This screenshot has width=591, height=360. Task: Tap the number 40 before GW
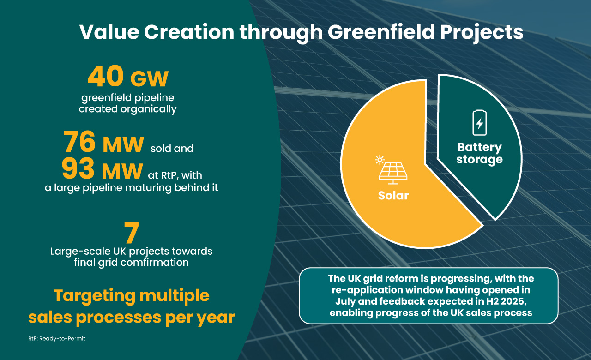[105, 77]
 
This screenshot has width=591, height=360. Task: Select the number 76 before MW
[80, 143]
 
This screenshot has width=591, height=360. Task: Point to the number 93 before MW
[78, 170]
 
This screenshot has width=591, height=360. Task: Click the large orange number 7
[132, 234]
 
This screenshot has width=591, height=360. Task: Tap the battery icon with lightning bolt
[479, 123]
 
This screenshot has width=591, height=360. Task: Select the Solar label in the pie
[393, 195]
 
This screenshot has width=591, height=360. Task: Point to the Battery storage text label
[479, 154]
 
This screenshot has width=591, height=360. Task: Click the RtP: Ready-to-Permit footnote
[56, 338]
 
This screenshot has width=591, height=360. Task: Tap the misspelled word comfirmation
[157, 262]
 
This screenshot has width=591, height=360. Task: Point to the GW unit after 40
[149, 80]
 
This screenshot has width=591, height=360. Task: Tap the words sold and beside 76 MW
[172, 149]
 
